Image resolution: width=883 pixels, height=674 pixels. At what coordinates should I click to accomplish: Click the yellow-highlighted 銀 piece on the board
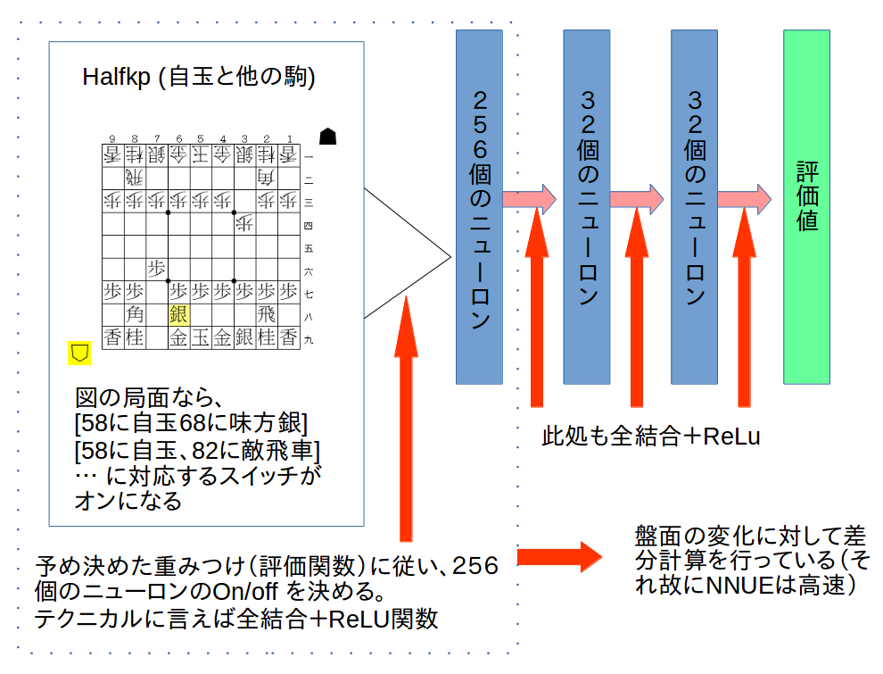[178, 314]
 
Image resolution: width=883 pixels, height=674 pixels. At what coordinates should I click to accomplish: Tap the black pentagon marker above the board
[328, 136]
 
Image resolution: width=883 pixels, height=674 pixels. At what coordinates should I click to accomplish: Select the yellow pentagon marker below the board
[80, 352]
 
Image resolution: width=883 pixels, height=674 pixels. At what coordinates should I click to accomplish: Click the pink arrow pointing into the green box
[745, 198]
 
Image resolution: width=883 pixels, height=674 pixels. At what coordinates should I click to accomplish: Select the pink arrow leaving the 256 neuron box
[529, 198]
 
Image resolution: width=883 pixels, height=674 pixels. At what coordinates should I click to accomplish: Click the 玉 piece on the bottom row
[201, 337]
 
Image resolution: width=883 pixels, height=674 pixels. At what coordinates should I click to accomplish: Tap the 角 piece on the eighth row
[135, 314]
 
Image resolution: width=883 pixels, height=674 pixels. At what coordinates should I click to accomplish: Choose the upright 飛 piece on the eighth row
[266, 314]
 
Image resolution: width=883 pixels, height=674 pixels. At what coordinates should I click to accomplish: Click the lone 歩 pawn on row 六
[157, 268]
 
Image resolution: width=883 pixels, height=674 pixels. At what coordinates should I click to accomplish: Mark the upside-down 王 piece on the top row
[201, 154]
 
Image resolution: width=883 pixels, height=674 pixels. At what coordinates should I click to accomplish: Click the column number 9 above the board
[112, 138]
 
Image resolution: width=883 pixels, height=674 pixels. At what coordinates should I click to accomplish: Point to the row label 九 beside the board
[308, 339]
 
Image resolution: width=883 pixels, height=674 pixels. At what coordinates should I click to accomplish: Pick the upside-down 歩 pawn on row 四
[244, 221]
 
